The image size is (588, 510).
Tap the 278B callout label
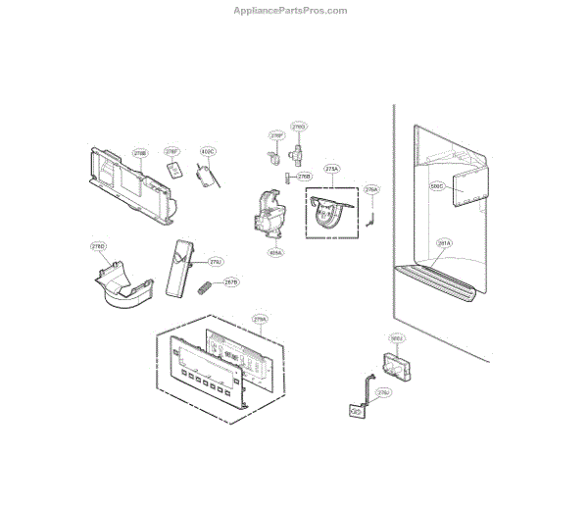[140, 153]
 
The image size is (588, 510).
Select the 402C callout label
[207, 152]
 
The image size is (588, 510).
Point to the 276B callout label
[305, 177]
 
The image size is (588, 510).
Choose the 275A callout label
[332, 169]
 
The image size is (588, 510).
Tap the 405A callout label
[275, 251]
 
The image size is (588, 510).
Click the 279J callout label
[216, 262]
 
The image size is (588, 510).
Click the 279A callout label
[260, 320]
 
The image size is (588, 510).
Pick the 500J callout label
[397, 338]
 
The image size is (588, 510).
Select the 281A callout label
[444, 242]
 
